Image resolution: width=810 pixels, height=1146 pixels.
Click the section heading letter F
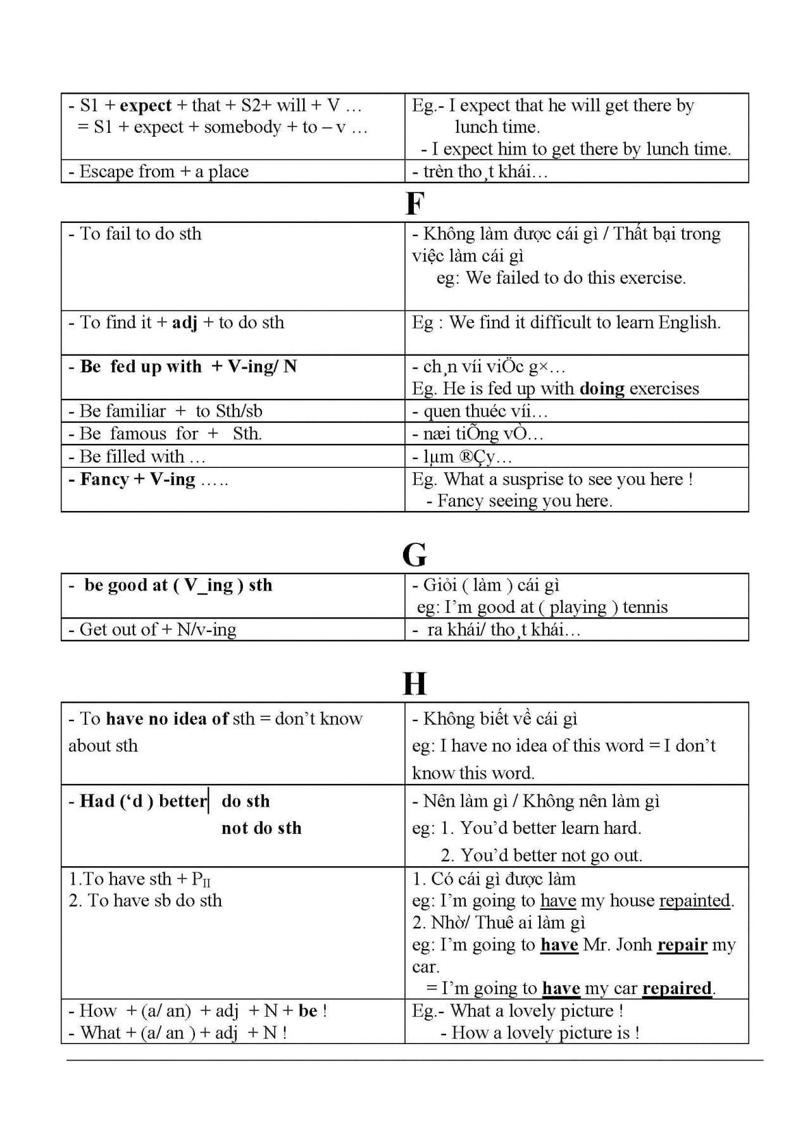(x=414, y=204)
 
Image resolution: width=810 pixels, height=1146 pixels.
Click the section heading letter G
(x=414, y=555)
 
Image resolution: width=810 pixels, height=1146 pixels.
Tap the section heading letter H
(x=414, y=684)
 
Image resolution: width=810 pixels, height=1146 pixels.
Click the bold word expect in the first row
(x=146, y=105)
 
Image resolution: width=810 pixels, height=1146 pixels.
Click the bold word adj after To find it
(x=185, y=322)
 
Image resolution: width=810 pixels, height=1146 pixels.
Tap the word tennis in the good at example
(x=645, y=607)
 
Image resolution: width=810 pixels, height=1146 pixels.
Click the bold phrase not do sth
(x=261, y=828)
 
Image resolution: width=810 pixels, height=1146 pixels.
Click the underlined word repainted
(x=695, y=900)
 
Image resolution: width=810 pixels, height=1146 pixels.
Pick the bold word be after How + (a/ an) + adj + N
(x=308, y=1011)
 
